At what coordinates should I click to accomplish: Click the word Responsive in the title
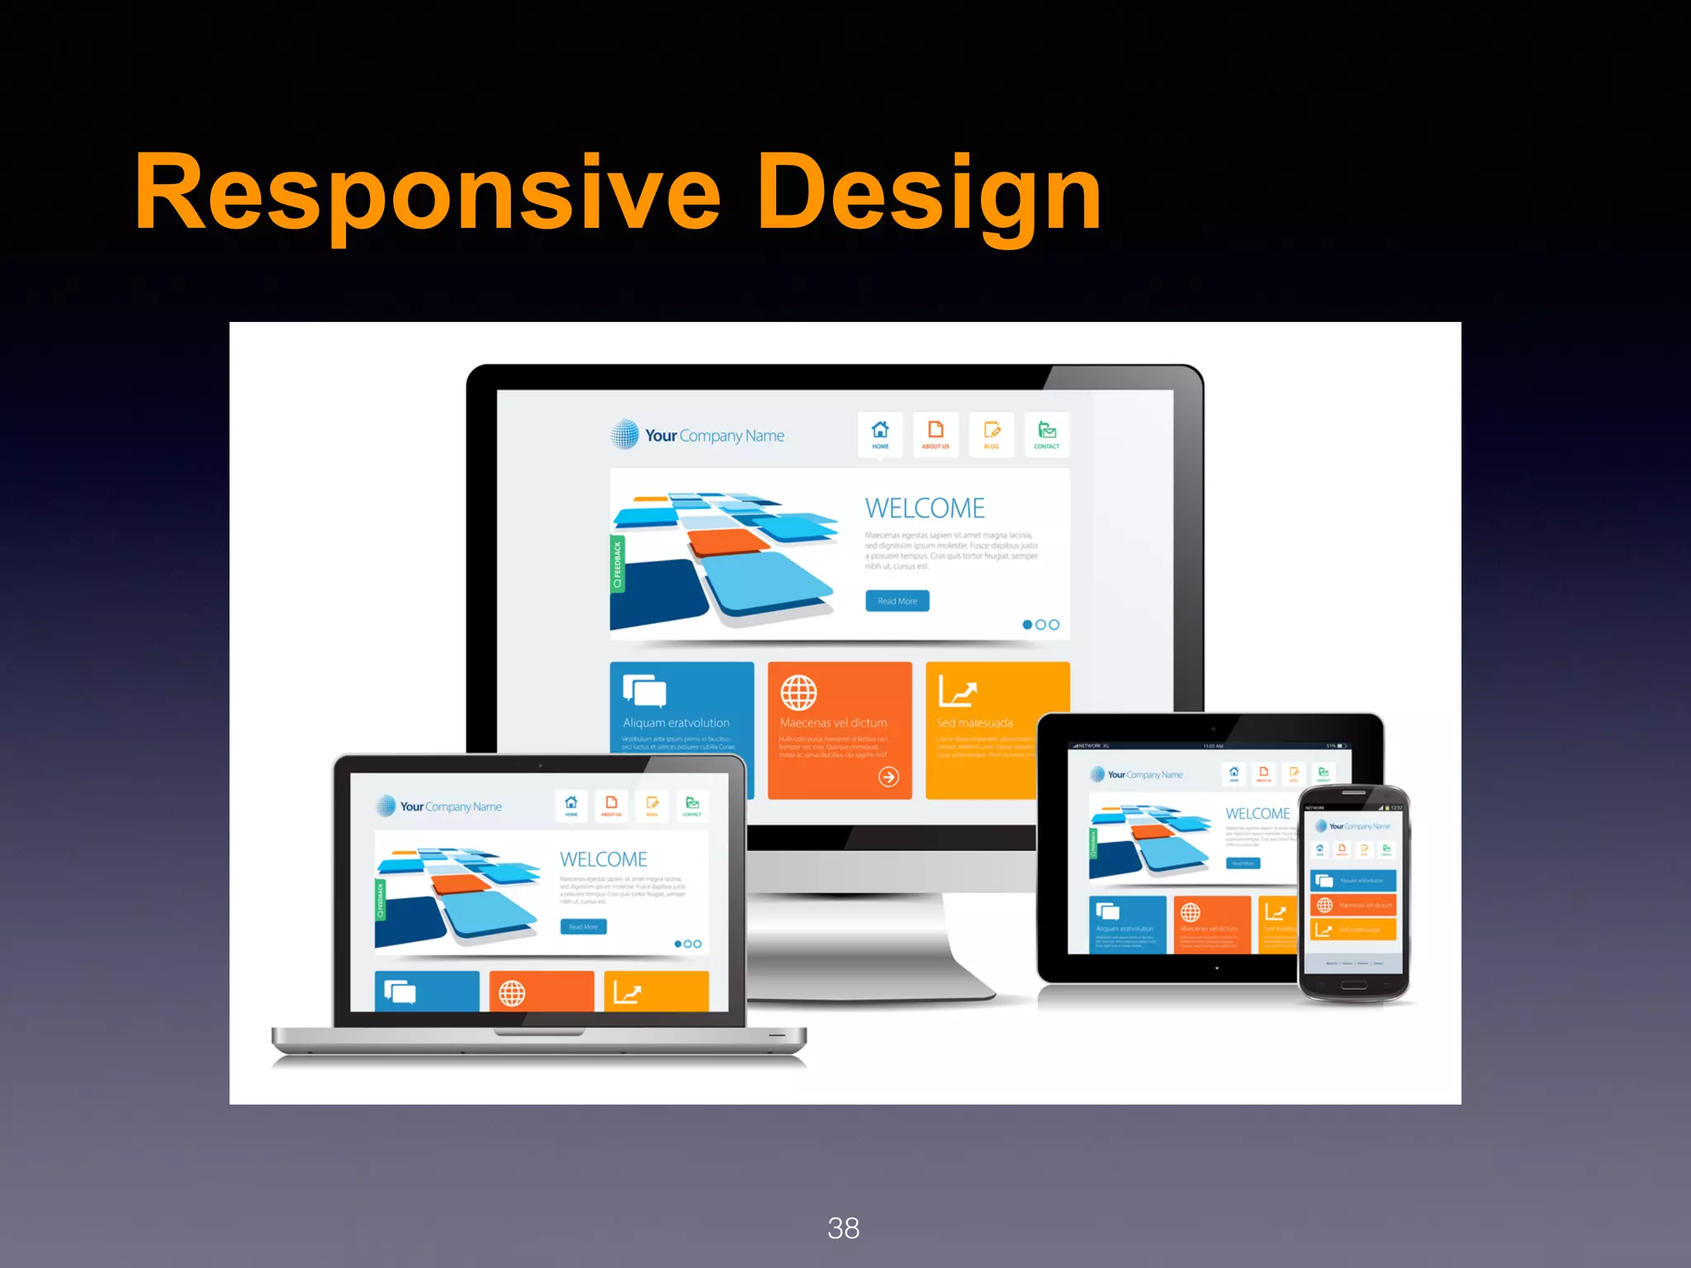(x=427, y=192)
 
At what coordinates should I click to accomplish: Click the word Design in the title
(x=928, y=194)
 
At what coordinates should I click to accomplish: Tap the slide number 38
(x=843, y=1228)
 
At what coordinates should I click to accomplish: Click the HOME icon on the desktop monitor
(x=880, y=433)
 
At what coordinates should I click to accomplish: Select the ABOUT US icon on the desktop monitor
(x=935, y=433)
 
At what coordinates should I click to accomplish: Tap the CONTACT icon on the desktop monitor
(x=1047, y=433)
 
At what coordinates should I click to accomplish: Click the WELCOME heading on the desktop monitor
(x=925, y=508)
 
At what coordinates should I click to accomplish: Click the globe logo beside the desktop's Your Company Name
(x=625, y=434)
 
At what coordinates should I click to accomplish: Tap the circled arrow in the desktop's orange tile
(x=888, y=776)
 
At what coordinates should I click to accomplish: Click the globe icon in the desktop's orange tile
(x=798, y=693)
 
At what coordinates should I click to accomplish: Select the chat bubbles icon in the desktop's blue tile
(x=644, y=691)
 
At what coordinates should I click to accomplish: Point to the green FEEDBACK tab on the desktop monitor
(x=617, y=565)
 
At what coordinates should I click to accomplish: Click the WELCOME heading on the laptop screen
(x=604, y=859)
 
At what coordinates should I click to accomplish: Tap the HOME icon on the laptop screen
(x=571, y=804)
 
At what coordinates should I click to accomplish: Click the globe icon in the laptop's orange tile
(x=512, y=993)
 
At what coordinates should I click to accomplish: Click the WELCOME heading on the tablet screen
(x=1257, y=813)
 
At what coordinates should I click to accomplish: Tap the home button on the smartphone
(x=1353, y=985)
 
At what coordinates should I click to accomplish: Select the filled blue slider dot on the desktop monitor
(x=1027, y=625)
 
